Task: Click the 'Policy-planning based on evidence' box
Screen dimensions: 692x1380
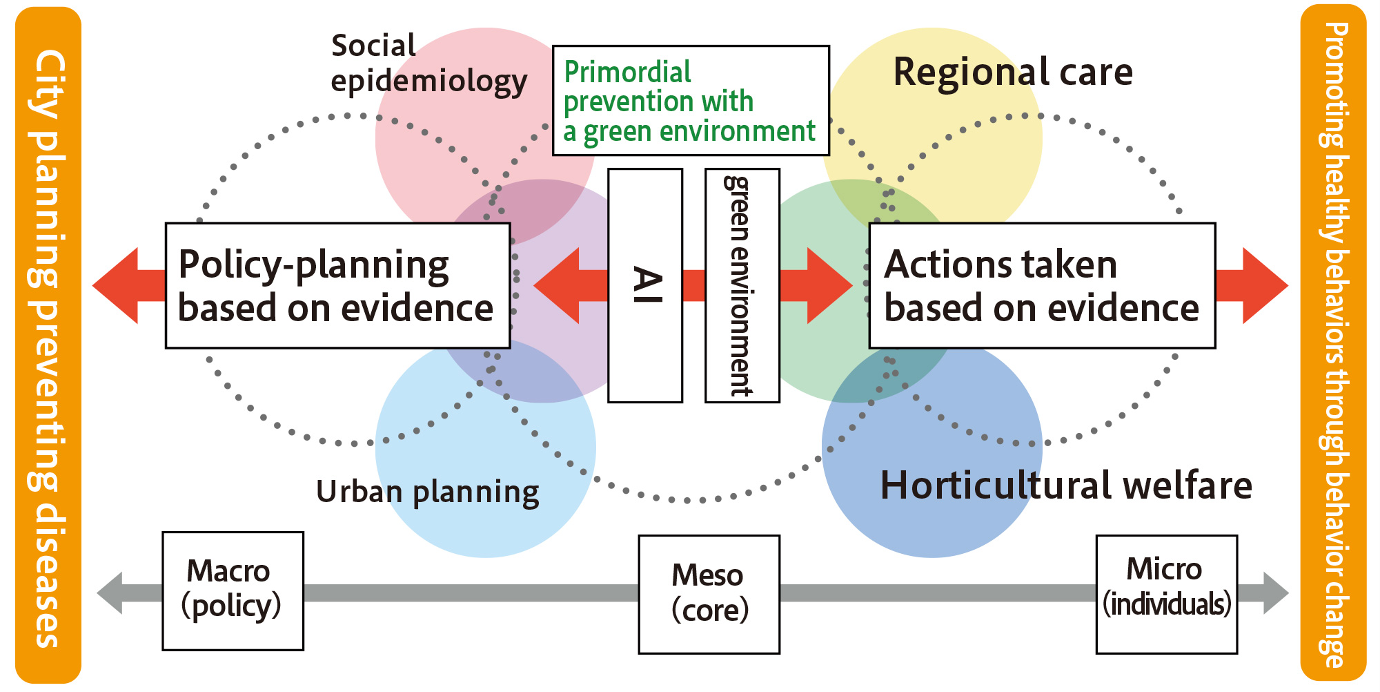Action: coord(337,285)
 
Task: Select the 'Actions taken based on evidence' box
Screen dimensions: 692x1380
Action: coord(1042,285)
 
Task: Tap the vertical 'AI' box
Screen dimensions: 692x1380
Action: coord(645,285)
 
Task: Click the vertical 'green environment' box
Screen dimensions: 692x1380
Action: coord(742,285)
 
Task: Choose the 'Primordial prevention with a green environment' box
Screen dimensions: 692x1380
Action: coord(691,101)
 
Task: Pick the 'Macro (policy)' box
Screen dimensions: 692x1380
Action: coord(233,590)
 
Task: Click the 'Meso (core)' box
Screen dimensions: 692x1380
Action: coord(709,594)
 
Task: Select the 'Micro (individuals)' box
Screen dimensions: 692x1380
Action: coord(1166,594)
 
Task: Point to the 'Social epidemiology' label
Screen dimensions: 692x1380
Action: coord(428,64)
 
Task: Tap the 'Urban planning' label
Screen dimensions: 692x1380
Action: coord(428,492)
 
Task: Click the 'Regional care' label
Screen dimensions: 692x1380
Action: coord(1013,72)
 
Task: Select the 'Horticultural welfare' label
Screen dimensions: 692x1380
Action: coord(1066,486)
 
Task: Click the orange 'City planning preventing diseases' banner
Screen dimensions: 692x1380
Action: coord(48,345)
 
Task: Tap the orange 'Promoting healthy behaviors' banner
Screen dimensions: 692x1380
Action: coord(1333,345)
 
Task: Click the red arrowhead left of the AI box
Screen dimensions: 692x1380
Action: coord(559,285)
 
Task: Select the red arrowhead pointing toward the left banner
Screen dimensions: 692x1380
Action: coord(117,285)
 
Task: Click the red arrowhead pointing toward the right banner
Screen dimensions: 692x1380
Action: coord(1263,285)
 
